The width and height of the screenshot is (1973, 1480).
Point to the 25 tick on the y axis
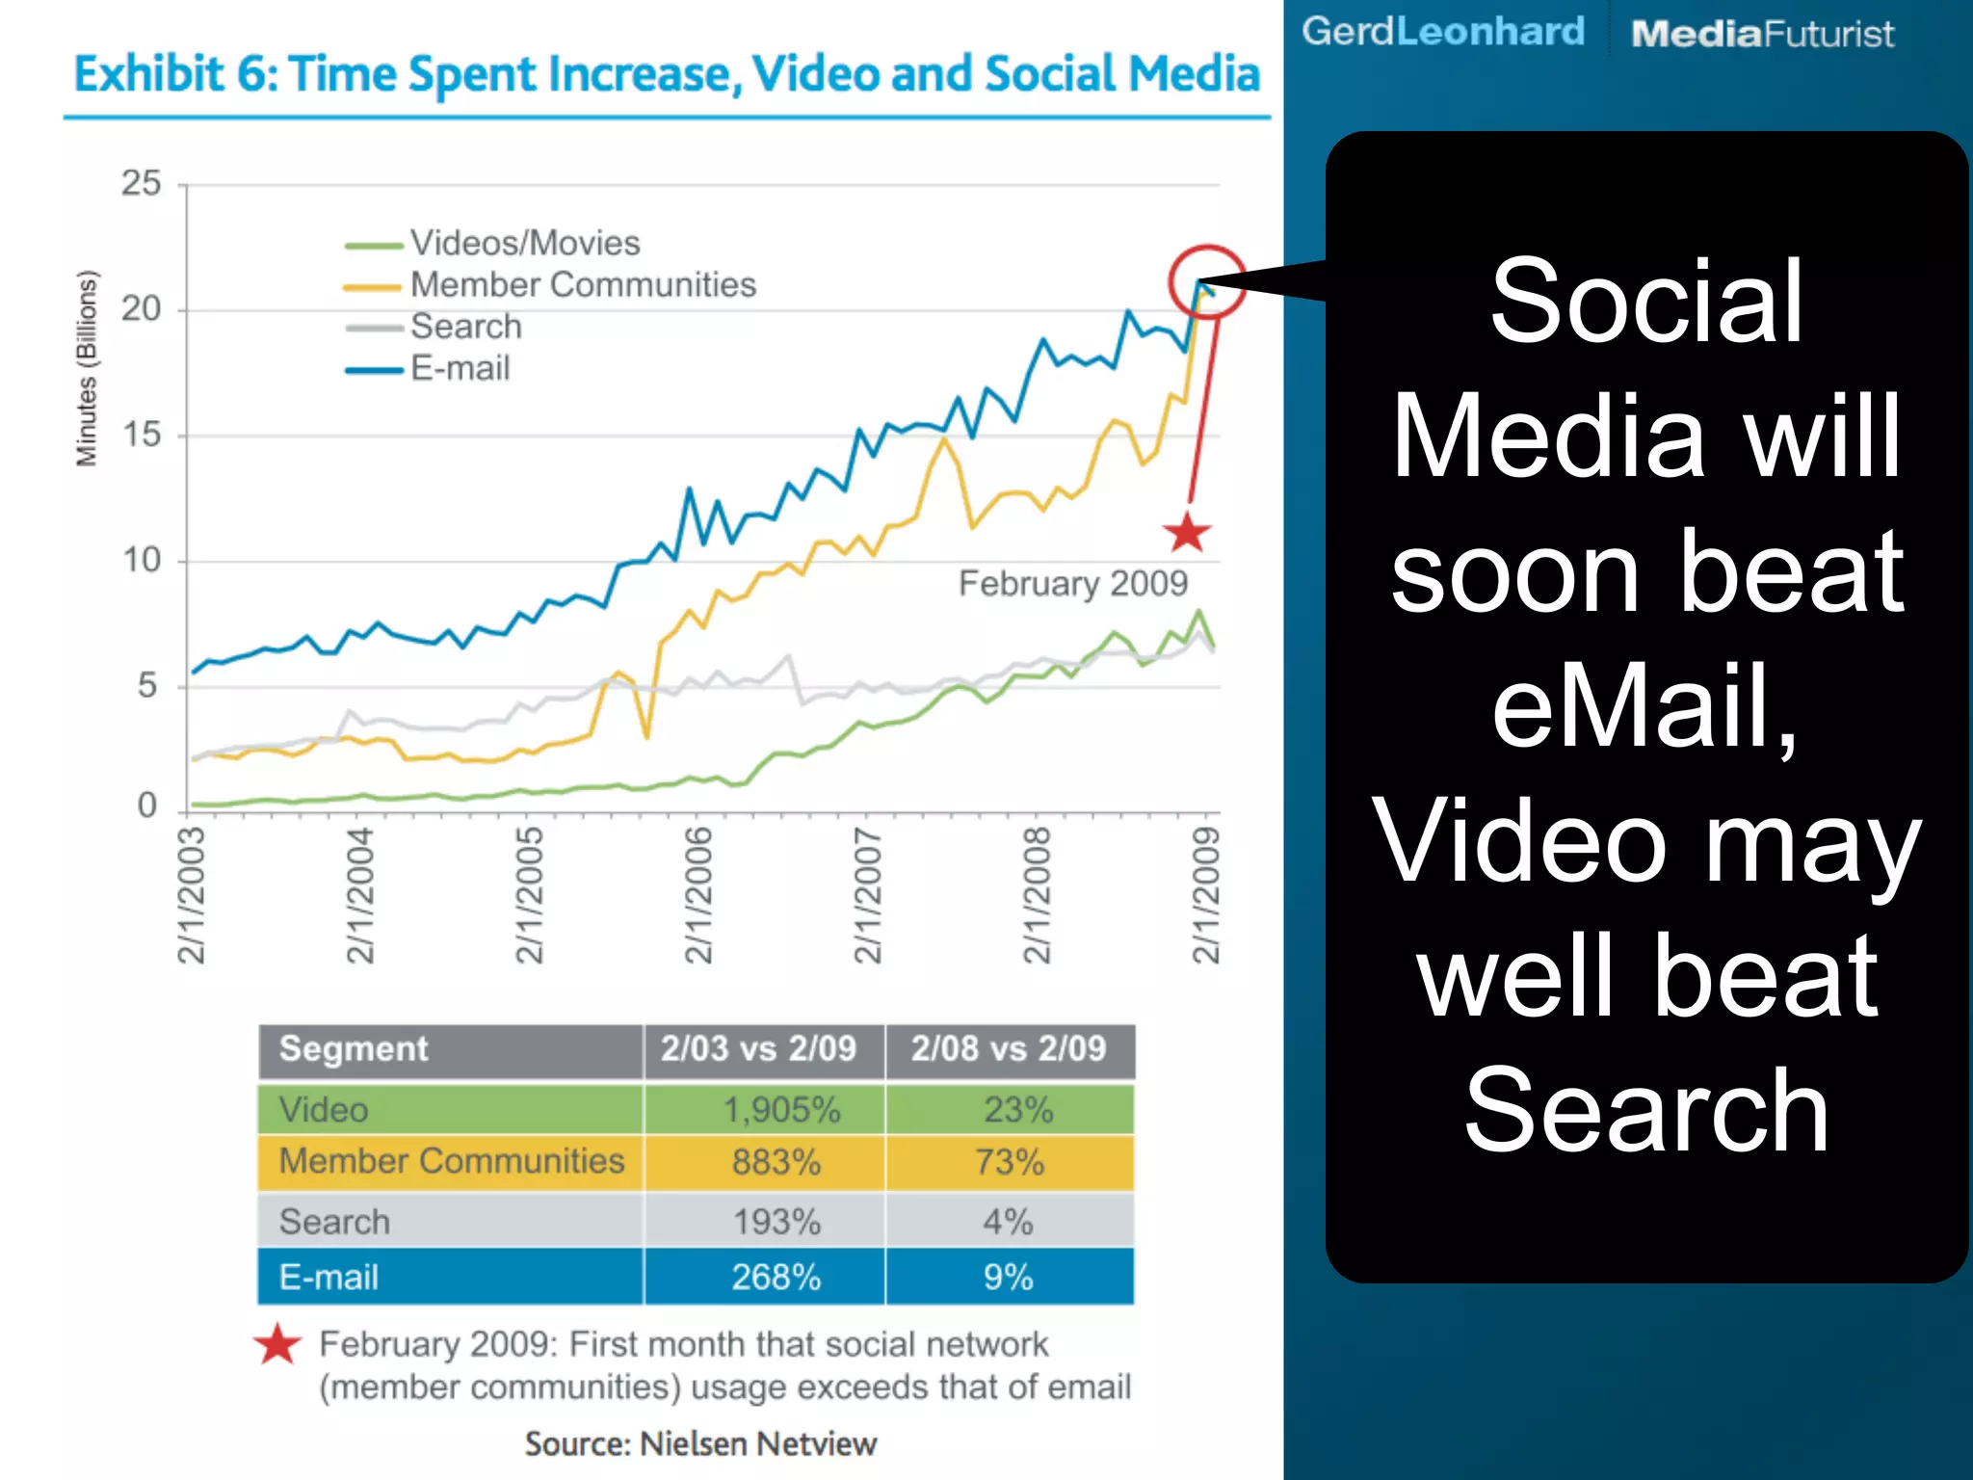click(141, 183)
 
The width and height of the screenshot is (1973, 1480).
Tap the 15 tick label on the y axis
click(141, 435)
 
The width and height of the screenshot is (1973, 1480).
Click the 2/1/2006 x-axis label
click(697, 895)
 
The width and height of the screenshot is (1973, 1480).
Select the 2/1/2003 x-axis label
click(191, 895)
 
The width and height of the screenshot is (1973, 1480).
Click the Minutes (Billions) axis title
click(87, 368)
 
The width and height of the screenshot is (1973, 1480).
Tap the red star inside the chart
click(1186, 533)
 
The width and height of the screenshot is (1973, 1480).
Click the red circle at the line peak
click(1206, 282)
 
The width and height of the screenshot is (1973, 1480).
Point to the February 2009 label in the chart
click(1073, 584)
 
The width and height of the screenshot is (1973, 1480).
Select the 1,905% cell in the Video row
click(781, 1110)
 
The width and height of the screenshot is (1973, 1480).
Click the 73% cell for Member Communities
click(1009, 1162)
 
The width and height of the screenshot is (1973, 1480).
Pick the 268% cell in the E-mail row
click(776, 1278)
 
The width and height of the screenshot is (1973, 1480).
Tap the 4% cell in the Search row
click(1008, 1222)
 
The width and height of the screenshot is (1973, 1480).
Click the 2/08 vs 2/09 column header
click(1009, 1048)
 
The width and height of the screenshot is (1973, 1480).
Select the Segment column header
click(354, 1048)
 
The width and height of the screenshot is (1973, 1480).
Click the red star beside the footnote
click(278, 1345)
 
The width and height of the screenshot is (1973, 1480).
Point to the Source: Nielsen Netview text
click(700, 1443)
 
